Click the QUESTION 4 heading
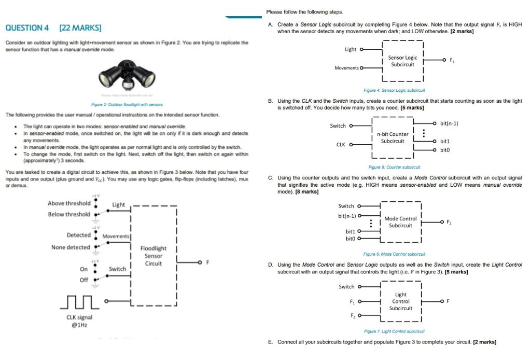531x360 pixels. coord(27,27)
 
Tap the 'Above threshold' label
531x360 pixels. coord(69,203)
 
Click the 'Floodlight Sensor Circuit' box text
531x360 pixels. coord(153,256)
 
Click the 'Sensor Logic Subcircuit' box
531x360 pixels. coord(402,61)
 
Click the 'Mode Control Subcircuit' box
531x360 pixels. coord(400,222)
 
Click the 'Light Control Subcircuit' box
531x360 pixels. coord(401,301)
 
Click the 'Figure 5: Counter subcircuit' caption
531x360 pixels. coord(394,167)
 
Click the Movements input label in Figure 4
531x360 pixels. coord(346,68)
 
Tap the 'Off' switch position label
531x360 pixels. coord(83,280)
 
